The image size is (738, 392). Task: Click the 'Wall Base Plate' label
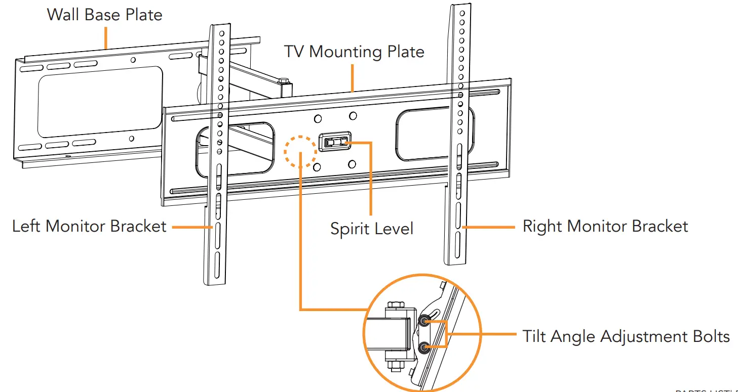(104, 14)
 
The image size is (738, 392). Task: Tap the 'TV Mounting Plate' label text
(354, 52)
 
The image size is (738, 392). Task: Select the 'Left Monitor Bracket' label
(89, 226)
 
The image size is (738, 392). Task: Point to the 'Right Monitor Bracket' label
(605, 226)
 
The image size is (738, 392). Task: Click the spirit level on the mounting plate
(334, 143)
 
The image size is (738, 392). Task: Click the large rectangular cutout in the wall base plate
(100, 102)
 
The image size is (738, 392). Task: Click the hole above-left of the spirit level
(318, 119)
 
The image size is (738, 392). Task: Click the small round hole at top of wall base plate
(133, 60)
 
